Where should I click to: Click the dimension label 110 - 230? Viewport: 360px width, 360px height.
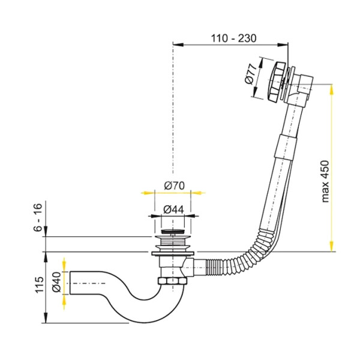click(233, 38)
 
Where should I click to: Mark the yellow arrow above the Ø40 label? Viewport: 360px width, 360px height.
click(62, 265)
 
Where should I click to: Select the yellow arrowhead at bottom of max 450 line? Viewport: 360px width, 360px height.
click(332, 246)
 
